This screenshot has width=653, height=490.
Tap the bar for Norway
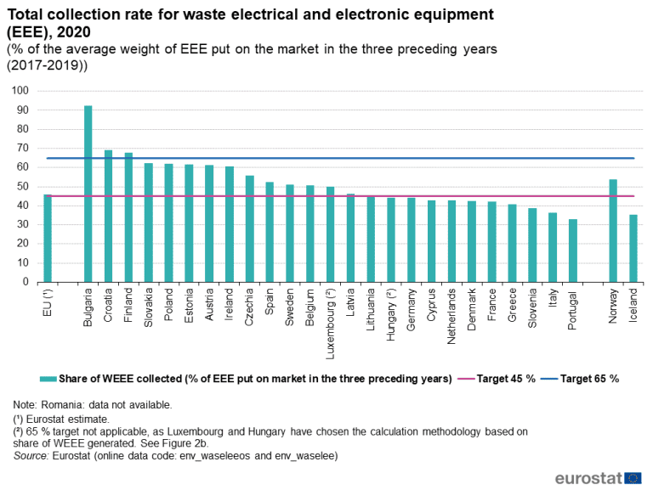click(613, 230)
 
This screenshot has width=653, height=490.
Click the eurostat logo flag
click(633, 477)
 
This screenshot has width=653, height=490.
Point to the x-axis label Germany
click(412, 308)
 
